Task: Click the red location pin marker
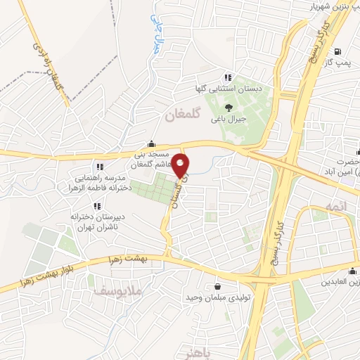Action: coord(181,165)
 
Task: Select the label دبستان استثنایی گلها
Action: coord(224,90)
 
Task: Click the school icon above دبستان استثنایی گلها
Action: coord(227,77)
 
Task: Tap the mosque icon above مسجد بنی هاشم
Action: coord(152,143)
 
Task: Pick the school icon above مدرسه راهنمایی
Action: coord(99,167)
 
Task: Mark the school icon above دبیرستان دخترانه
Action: coord(97,206)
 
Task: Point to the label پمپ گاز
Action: coord(341,64)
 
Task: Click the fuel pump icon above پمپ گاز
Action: coord(338,51)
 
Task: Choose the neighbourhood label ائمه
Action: coord(332,205)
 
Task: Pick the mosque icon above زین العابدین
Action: coord(352,270)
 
